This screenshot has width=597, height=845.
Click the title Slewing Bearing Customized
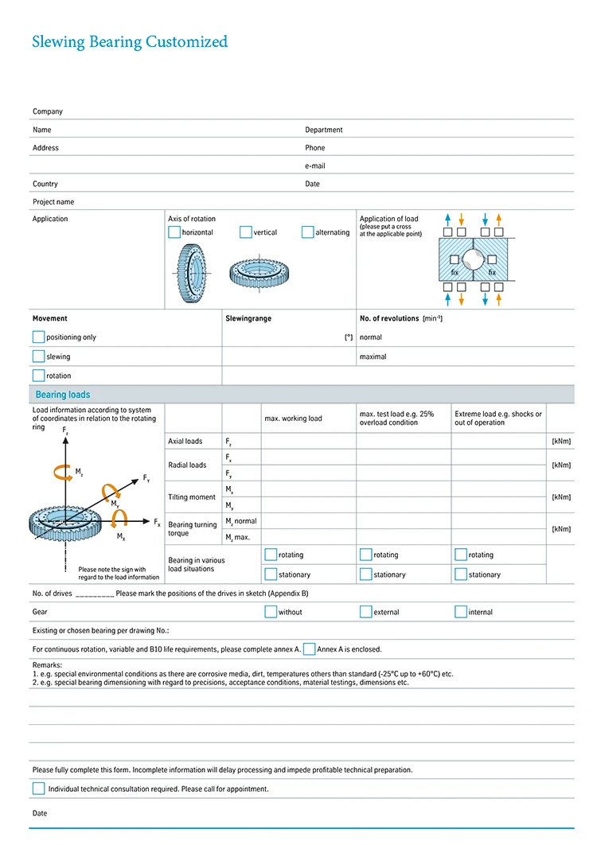click(130, 42)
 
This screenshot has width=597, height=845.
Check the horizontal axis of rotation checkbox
click(174, 232)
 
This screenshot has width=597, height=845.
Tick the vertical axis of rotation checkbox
click(245, 232)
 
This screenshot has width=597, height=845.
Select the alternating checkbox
click(308, 232)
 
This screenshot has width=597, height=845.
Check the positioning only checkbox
click(38, 337)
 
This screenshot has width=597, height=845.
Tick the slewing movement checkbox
click(38, 356)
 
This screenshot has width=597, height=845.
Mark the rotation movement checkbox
click(38, 376)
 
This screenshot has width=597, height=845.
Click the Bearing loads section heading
click(63, 395)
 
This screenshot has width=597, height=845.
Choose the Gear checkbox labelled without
click(271, 612)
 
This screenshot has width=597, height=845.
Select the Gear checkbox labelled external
click(366, 612)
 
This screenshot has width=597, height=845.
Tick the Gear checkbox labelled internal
click(461, 612)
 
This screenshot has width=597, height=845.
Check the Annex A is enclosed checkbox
click(309, 649)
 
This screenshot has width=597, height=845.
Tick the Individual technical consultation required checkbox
click(38, 789)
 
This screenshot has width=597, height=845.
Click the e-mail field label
click(315, 165)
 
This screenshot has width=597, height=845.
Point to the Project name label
click(53, 202)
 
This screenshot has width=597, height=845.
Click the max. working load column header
click(293, 419)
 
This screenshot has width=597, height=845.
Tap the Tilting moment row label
click(192, 497)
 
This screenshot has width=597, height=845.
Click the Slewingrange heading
click(248, 318)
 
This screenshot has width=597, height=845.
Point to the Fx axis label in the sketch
click(157, 522)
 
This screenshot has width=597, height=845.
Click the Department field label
click(324, 130)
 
